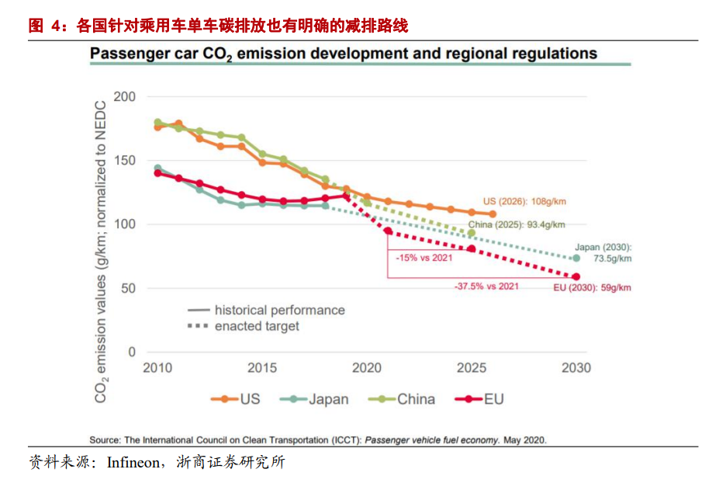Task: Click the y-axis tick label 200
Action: pos(124,97)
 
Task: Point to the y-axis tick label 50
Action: pos(127,288)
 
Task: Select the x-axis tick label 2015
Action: pos(262,368)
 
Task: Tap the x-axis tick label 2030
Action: pos(575,368)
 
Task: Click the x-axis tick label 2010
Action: pos(157,368)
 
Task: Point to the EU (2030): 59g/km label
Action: pos(592,287)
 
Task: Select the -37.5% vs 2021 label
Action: pos(486,286)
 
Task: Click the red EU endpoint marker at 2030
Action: pos(576,276)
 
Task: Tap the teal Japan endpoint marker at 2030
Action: pos(576,258)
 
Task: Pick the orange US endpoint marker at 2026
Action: pos(492,214)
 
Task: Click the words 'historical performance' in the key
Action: pos(279,310)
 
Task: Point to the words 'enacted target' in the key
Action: pos(257,326)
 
